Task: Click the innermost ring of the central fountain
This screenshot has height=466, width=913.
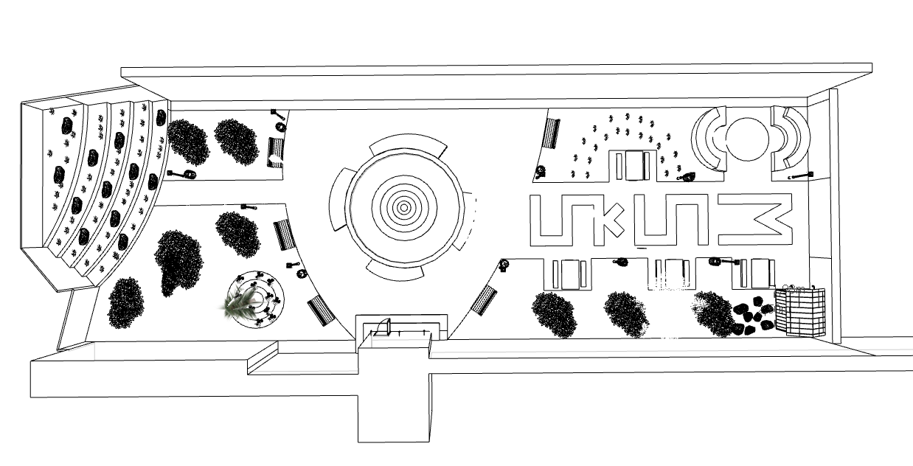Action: point(403,208)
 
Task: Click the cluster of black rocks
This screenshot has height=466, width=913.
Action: point(752,316)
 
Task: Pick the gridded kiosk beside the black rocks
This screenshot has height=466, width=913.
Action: point(800,311)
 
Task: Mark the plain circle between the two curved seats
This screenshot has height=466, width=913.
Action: point(749,138)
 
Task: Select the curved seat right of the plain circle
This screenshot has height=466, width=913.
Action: point(792,138)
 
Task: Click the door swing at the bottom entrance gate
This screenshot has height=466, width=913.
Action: point(382,326)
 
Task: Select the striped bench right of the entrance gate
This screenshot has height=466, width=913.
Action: point(484,300)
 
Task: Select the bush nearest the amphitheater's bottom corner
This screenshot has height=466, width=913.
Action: point(125,302)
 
